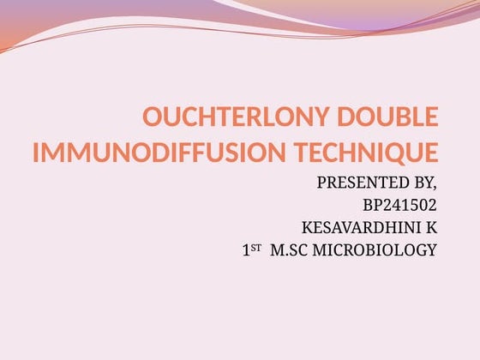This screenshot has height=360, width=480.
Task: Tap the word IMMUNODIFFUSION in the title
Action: [x=147, y=154]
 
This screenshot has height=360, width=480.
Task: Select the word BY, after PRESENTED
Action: [x=423, y=183]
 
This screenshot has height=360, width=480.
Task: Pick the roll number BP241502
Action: [x=399, y=205]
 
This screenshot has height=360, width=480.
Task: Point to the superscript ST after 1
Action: [x=255, y=247]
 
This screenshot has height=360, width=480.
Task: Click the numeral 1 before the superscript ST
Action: [x=246, y=250]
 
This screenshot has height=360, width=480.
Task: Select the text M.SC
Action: [x=290, y=250]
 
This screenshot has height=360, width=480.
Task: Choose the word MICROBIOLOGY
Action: [x=376, y=250]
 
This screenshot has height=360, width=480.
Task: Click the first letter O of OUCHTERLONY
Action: [x=151, y=117]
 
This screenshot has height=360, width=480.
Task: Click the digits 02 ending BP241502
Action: [x=428, y=205]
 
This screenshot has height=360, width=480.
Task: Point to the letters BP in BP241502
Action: [x=373, y=205]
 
